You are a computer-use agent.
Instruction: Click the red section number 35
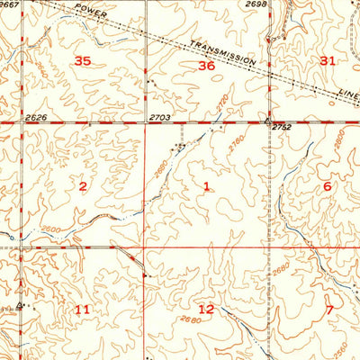[83, 61]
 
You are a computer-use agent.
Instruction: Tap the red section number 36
[206, 66]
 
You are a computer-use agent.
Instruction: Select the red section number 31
[327, 60]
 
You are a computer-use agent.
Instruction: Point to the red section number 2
[83, 186]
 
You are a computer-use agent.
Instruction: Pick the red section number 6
[327, 185]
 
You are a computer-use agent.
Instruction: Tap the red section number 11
[83, 310]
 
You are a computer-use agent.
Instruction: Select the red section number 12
[206, 309]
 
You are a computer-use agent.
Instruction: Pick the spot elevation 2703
[159, 117]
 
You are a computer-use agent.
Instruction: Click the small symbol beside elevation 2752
[267, 120]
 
